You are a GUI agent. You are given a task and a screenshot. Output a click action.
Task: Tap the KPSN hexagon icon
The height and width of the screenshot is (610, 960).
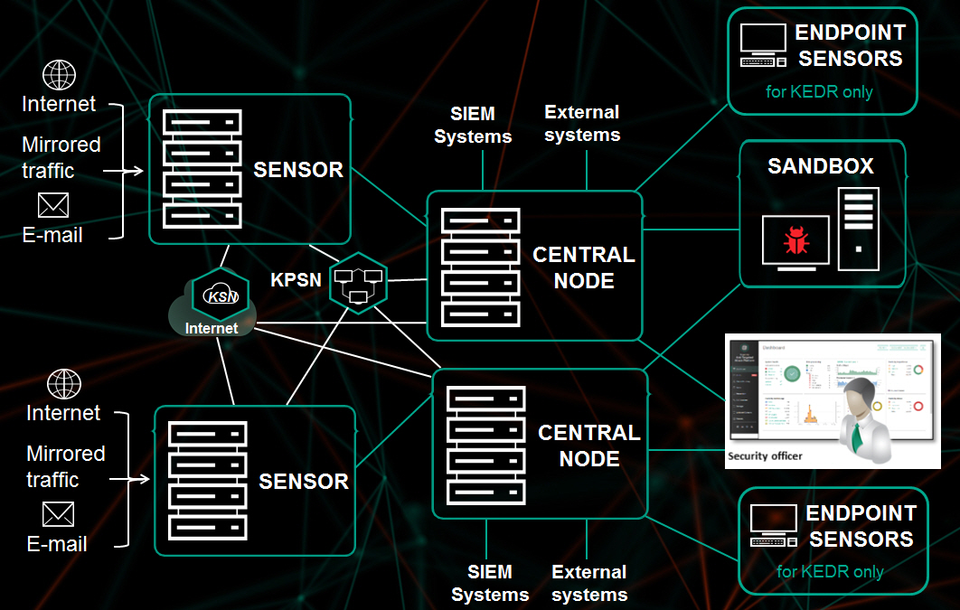point(358,282)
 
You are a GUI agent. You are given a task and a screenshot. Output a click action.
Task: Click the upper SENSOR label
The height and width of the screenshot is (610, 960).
point(298,170)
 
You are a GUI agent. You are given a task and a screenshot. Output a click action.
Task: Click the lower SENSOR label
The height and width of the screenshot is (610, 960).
point(304,481)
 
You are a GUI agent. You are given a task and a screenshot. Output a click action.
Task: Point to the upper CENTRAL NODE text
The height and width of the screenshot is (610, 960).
point(584,267)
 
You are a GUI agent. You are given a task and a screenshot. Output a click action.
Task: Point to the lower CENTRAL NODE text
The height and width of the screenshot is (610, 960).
point(589,446)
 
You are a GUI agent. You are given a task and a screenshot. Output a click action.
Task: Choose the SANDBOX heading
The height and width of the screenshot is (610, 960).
point(821,166)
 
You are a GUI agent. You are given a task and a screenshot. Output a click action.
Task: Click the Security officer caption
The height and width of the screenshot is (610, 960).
point(765,456)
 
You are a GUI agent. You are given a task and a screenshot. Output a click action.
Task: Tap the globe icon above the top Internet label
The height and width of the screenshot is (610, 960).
point(60,75)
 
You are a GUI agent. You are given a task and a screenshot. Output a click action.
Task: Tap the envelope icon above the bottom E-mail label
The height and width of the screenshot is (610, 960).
point(59,515)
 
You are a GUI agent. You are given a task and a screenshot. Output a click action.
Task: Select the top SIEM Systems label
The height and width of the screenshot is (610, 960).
point(473,126)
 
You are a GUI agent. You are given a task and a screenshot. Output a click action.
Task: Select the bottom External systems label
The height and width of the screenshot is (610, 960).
point(589,583)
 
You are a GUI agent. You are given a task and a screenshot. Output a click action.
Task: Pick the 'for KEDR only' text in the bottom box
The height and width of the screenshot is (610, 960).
point(830,571)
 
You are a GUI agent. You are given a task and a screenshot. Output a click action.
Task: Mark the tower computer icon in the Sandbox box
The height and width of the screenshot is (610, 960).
point(858,229)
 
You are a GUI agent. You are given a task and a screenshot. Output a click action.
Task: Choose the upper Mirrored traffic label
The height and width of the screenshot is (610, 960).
point(61,156)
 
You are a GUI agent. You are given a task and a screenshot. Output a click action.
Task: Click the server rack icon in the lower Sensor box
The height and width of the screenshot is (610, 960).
point(208,480)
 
